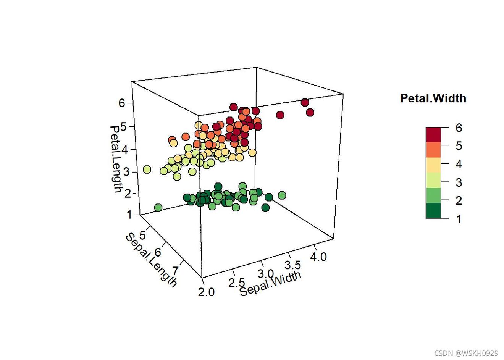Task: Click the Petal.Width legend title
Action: [433, 98]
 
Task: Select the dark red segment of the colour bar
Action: [433, 134]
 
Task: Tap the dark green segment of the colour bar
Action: [433, 210]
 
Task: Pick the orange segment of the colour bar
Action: [433, 150]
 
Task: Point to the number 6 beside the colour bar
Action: [458, 128]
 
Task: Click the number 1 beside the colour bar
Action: [458, 219]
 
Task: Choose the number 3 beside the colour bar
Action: [458, 182]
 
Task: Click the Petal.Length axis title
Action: [116, 159]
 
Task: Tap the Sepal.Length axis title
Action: [151, 260]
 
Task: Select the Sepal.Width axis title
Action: [271, 284]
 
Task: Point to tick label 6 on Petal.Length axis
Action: [122, 103]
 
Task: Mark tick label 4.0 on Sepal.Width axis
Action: [318, 257]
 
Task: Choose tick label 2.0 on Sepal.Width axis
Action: [207, 292]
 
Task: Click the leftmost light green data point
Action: [147, 170]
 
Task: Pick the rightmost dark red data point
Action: [310, 112]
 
